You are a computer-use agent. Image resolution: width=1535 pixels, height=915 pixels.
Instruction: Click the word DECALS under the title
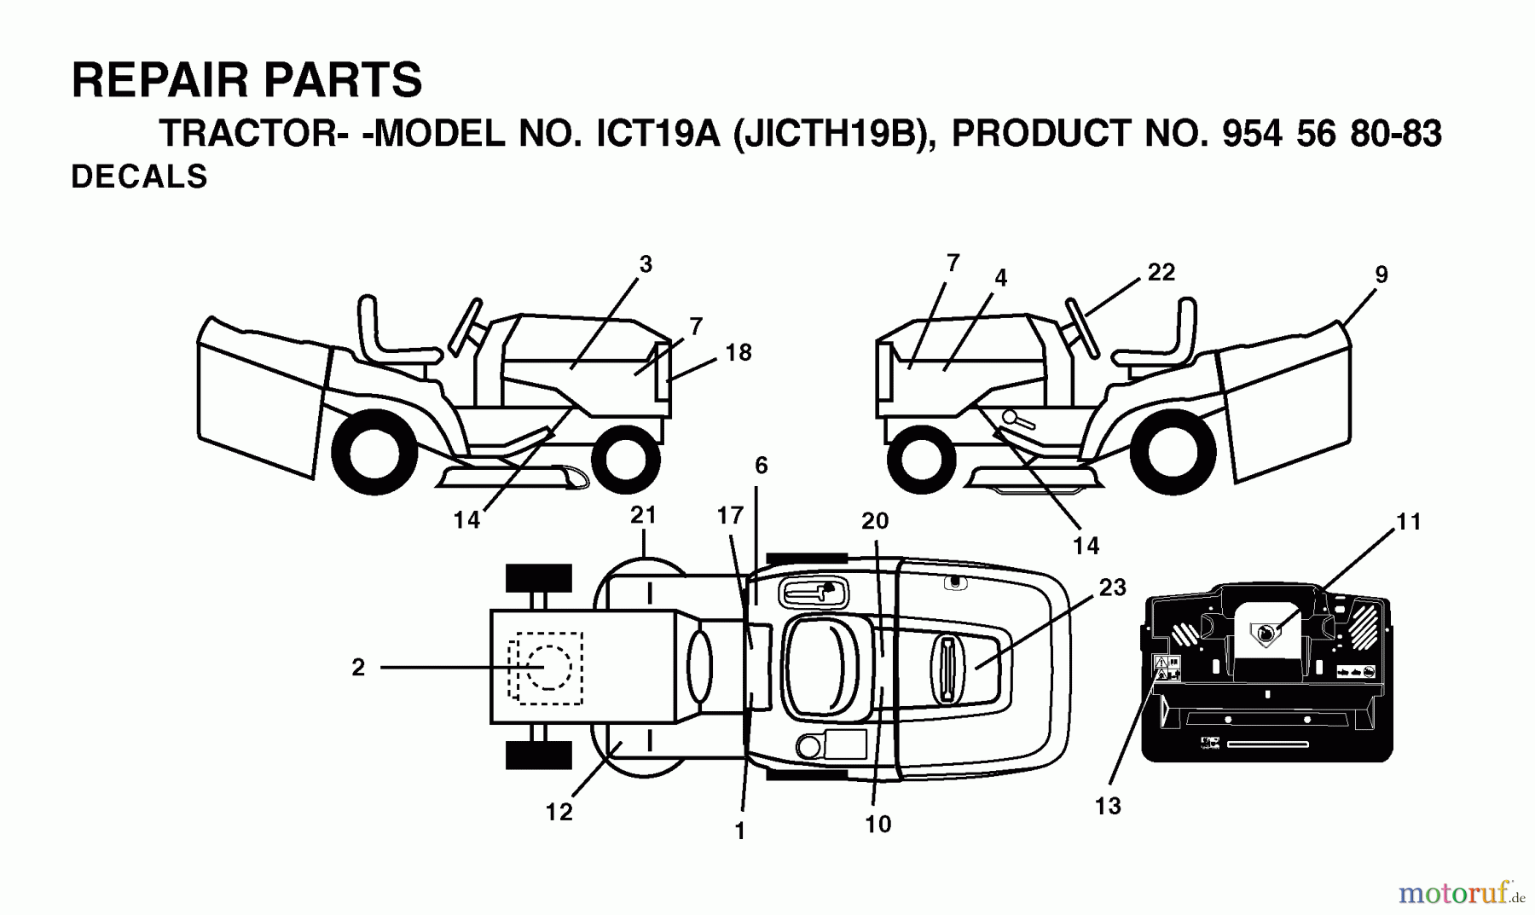139,177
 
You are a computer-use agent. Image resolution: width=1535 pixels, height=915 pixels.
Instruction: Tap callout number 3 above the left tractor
646,264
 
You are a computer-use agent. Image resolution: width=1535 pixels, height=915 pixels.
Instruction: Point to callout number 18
739,352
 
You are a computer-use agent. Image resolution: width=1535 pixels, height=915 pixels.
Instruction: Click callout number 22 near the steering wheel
1161,272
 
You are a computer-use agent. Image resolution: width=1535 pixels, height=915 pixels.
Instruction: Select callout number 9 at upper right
1381,275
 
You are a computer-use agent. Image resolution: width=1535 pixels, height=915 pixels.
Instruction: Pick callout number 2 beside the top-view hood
358,667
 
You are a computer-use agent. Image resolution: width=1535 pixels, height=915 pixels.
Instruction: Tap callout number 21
643,515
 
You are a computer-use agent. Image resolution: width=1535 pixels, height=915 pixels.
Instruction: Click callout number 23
1112,588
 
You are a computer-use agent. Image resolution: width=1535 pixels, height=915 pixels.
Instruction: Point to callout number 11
1409,521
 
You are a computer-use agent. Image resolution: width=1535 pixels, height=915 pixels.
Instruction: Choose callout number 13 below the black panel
1108,806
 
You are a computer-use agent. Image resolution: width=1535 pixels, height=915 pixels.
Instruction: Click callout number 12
559,813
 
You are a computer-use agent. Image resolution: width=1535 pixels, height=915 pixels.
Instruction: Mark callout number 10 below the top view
878,824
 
